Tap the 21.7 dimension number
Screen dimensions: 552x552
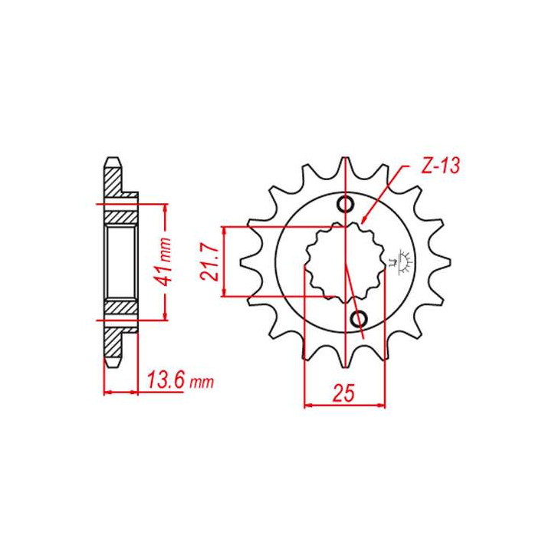click(x=212, y=262)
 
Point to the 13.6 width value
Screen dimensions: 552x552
click(x=166, y=379)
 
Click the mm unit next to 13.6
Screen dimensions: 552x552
click(x=202, y=382)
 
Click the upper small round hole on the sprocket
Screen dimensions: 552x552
click(x=346, y=204)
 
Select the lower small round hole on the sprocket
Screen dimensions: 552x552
click(x=358, y=318)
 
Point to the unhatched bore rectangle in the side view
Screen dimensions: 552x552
click(x=120, y=262)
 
